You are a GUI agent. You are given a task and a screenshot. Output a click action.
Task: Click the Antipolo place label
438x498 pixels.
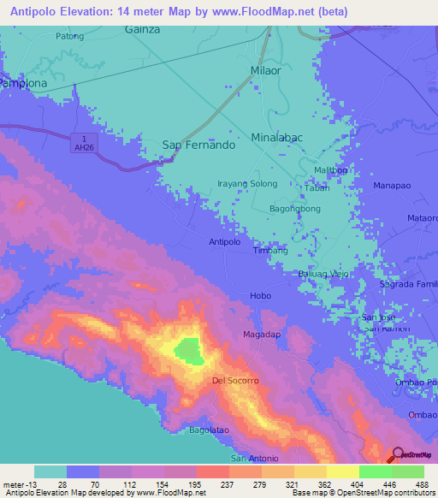pos(224,242)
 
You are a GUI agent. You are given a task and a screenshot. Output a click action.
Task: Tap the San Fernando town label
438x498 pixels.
pos(198,145)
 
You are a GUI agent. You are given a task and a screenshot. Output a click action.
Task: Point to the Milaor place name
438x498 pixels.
pos(265,71)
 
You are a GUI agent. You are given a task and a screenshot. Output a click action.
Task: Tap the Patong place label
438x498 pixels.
pos(69,36)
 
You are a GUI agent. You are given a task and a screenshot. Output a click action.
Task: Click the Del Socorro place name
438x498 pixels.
pos(235,380)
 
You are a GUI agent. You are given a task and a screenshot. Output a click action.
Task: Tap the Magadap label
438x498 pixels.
pos(262,334)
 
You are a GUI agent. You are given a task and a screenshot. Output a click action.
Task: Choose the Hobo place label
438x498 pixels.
pos(260,296)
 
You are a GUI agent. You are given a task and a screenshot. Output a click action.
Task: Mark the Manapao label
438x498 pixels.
pos(391,185)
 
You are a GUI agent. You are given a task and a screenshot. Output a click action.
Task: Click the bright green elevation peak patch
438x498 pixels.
pos(187,349)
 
